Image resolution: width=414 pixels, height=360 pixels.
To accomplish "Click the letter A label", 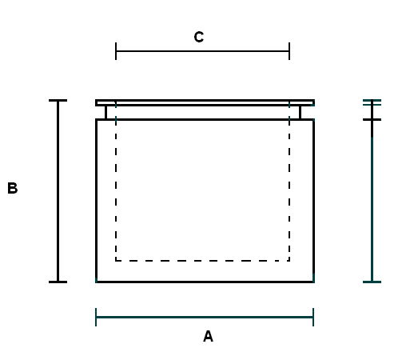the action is pyautogui.click(x=208, y=336).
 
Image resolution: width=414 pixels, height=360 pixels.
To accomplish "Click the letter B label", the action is pyautogui.click(x=13, y=188).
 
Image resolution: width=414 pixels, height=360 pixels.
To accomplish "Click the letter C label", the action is pyautogui.click(x=199, y=37).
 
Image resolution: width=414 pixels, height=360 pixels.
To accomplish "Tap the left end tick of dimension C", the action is pyautogui.click(x=116, y=51).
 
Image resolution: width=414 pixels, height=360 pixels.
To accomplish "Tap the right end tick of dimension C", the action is pyautogui.click(x=289, y=51).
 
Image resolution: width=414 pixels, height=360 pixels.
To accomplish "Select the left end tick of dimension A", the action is pyautogui.click(x=96, y=317).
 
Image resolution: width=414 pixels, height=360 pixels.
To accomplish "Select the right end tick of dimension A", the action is pyautogui.click(x=313, y=317).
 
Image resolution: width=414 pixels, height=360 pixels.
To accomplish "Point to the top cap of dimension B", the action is pyautogui.click(x=58, y=101).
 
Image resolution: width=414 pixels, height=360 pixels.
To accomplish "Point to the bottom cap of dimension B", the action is pyautogui.click(x=58, y=282).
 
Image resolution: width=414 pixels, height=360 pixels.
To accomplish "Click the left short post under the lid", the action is pyautogui.click(x=105, y=113).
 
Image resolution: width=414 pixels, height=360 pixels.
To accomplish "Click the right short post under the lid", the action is pyautogui.click(x=300, y=113).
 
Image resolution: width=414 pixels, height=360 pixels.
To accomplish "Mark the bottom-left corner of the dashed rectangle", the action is pyautogui.click(x=116, y=261).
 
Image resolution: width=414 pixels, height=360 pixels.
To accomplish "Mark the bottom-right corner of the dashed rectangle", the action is pyautogui.click(x=289, y=261).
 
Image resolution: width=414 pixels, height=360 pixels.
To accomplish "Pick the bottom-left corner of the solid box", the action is pyautogui.click(x=96, y=282).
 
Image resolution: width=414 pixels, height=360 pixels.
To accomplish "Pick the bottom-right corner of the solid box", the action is pyautogui.click(x=313, y=282).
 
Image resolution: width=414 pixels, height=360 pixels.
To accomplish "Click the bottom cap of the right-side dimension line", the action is pyautogui.click(x=372, y=282).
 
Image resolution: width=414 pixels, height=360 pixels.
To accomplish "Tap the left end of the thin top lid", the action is pyautogui.click(x=96, y=103).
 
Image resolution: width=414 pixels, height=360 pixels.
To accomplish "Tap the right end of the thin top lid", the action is pyautogui.click(x=314, y=103).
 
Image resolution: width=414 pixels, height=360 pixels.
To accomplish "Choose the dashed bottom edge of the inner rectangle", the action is pyautogui.click(x=202, y=261).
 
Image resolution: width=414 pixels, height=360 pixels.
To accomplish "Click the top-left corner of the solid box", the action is pyautogui.click(x=96, y=120).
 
